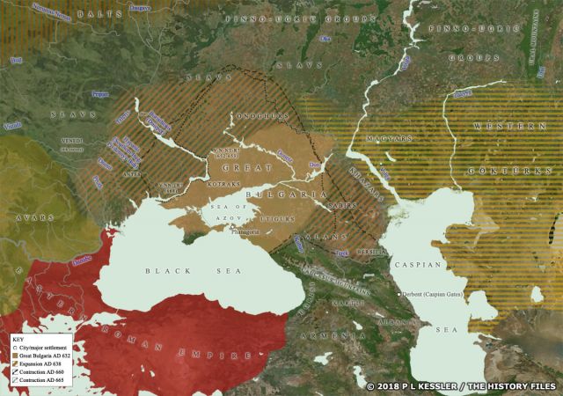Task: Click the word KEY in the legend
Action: [20, 338]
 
